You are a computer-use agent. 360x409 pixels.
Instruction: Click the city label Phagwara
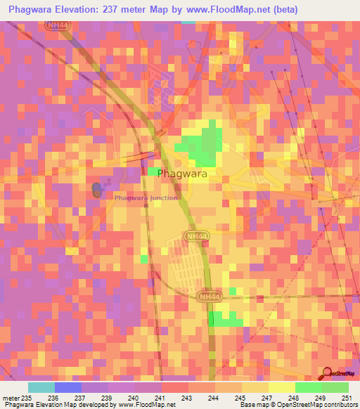[182, 173]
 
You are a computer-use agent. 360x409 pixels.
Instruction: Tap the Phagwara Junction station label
[146, 198]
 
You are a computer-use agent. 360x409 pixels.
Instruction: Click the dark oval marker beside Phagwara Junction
[96, 189]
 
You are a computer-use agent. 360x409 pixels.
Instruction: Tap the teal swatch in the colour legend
[41, 387]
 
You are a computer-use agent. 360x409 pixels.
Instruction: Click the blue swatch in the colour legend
[68, 387]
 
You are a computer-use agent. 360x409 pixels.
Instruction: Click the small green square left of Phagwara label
[153, 171]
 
